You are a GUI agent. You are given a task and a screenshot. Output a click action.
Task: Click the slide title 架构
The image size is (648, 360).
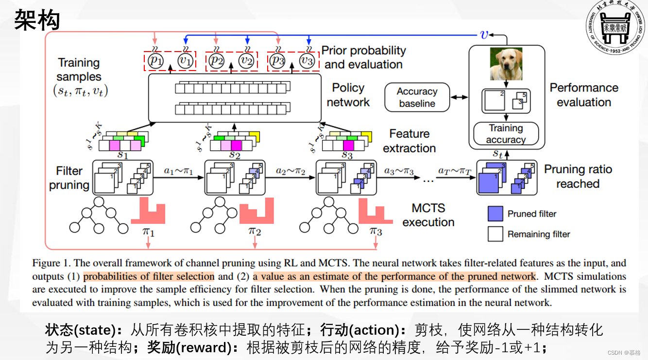pos(37,20)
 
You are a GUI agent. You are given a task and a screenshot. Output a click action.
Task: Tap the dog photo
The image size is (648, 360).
pos(506,64)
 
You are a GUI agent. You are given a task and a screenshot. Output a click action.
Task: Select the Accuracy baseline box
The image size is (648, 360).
pos(417,97)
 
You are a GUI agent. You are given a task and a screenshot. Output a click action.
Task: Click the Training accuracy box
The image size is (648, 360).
pos(506,134)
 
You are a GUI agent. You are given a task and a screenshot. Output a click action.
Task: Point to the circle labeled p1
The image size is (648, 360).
pos(156,61)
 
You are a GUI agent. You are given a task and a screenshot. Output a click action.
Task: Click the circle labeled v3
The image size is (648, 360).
pos(306,61)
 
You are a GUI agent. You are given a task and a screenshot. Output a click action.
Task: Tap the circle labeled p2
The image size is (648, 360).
pos(217,61)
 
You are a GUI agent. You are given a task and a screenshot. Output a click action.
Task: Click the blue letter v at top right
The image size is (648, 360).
pos(483,34)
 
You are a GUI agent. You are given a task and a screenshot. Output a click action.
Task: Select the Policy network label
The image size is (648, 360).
pos(348,95)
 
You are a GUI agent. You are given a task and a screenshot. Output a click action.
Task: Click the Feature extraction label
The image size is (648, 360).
pos(409,141)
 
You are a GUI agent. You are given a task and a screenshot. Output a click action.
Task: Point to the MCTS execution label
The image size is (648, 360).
pos(428,215)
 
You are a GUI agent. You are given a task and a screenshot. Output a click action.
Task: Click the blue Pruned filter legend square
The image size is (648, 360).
pos(495,214)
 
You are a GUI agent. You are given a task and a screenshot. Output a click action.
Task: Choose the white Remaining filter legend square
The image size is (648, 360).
pos(495,234)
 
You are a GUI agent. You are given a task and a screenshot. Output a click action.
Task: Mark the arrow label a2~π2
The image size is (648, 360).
pos(290,171)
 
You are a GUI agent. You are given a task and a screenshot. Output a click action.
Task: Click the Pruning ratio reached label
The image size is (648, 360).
pos(578,176)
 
